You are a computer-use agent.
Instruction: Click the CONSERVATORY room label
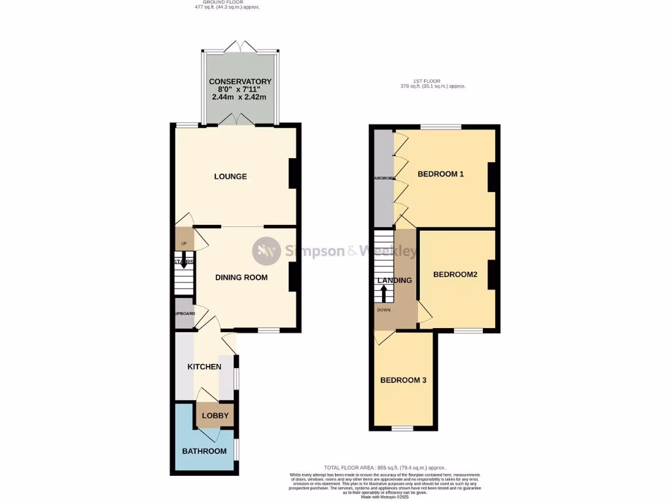tap(239, 82)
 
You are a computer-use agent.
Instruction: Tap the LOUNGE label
tap(230, 176)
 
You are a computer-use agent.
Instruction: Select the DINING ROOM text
tap(241, 277)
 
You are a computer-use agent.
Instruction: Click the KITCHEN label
tap(204, 367)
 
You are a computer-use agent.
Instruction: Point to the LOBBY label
tap(215, 416)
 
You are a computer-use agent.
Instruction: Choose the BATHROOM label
tap(204, 451)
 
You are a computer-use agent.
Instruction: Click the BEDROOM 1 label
tap(440, 174)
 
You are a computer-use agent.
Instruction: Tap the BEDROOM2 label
tap(455, 275)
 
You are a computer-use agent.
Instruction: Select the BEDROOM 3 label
tap(404, 380)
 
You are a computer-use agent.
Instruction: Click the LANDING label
tap(395, 280)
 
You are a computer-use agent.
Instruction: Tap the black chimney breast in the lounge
tap(294, 173)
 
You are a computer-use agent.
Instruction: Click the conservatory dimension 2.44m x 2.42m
tap(239, 97)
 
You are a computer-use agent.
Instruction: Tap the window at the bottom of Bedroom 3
tap(402, 428)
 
